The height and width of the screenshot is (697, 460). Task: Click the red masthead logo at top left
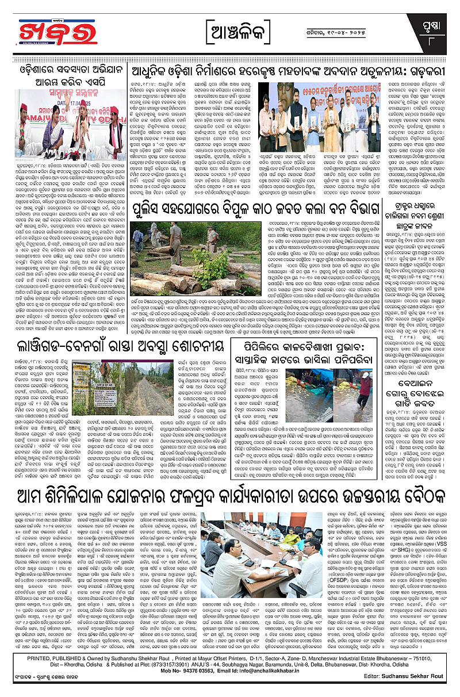coord(51,32)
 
